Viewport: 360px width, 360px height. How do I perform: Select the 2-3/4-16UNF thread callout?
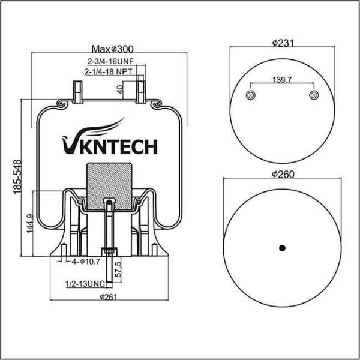click(x=109, y=61)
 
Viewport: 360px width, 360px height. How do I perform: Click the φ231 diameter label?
click(x=281, y=43)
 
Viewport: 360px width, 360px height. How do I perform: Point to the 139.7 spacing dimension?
click(x=281, y=80)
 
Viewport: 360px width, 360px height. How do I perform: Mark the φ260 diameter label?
click(x=281, y=174)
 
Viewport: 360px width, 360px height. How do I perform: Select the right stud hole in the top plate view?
click(x=312, y=95)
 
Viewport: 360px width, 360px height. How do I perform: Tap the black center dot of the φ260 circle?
click(x=281, y=247)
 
